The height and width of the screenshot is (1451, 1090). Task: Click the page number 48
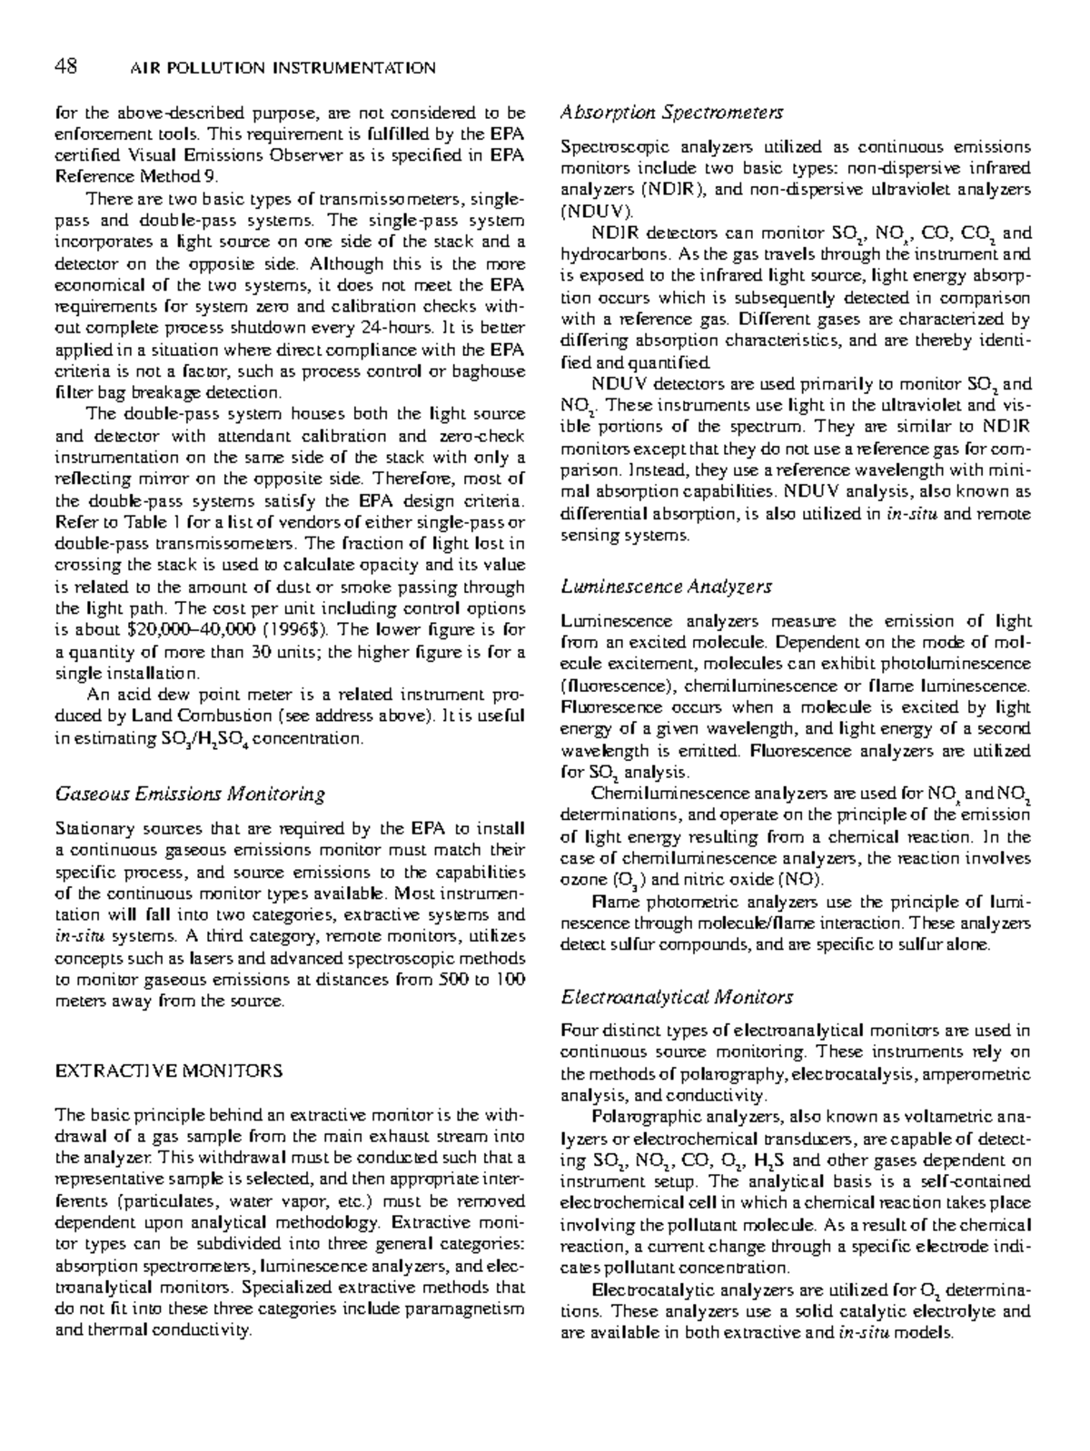(66, 66)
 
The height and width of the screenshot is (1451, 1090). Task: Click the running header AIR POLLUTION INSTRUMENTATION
(283, 68)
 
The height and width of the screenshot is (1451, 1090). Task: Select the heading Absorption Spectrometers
(671, 114)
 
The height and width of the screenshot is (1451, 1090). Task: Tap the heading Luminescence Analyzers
(666, 587)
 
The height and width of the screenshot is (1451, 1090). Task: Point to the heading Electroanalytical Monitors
(677, 997)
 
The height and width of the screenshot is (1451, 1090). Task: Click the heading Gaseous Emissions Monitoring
(190, 795)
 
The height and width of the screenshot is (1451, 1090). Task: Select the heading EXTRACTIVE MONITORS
(169, 1071)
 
